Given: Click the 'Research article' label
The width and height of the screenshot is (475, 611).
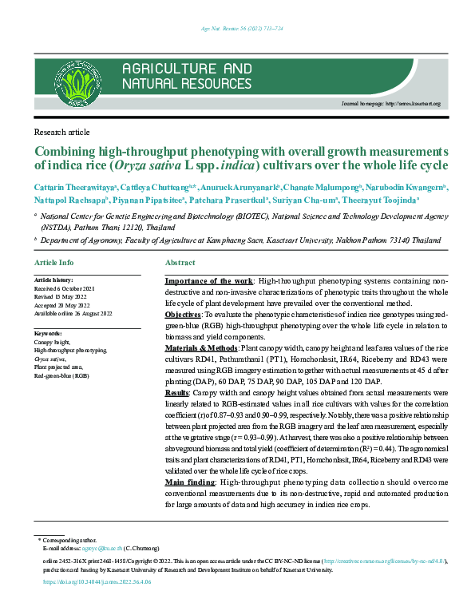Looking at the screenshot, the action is [60, 131].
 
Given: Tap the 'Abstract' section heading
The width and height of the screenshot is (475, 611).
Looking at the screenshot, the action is [180, 263].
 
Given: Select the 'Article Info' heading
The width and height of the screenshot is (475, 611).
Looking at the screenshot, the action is [54, 263].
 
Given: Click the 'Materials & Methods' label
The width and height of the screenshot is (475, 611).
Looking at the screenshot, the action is [202, 349].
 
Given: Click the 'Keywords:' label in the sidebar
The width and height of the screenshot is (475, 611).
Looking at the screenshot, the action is [48, 332].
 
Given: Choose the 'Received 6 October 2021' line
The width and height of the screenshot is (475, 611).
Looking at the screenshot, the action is [65, 288].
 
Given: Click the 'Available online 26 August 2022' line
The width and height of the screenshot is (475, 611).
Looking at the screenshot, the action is [73, 313].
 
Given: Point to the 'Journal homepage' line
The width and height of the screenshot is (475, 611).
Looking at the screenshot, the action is [390, 105].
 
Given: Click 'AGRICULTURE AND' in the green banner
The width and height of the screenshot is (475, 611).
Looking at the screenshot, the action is [187, 69].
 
